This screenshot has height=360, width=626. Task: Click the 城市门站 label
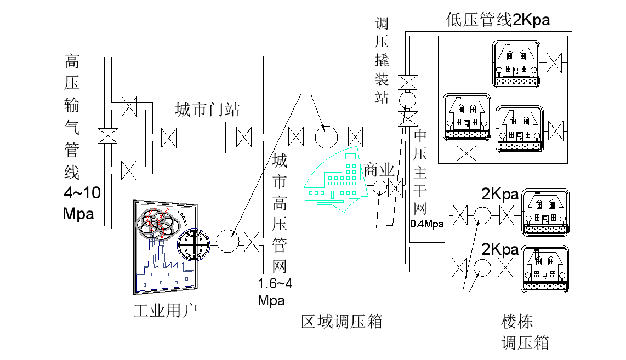pos(207,109)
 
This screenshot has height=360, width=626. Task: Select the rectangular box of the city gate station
pos(208,137)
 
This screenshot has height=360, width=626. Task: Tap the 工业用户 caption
pos(166,311)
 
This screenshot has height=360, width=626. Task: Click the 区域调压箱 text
pos(342,322)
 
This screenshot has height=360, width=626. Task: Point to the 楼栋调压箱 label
pos(525,332)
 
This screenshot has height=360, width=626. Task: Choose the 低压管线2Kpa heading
pos(497,21)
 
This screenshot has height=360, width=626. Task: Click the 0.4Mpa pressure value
pos(426,224)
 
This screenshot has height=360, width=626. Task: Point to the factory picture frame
pos(163,247)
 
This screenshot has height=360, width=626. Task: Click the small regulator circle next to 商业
pos(379,188)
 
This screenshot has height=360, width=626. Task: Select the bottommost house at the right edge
pos(545,268)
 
